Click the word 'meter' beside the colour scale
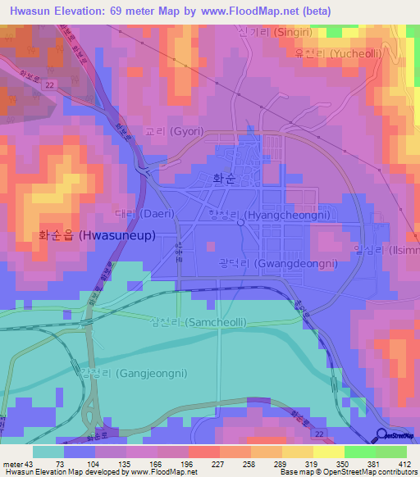pyautogui.click(x=11, y=463)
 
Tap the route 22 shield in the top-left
pyautogui.click(x=51, y=86)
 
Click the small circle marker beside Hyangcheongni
pyautogui.click(x=240, y=221)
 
